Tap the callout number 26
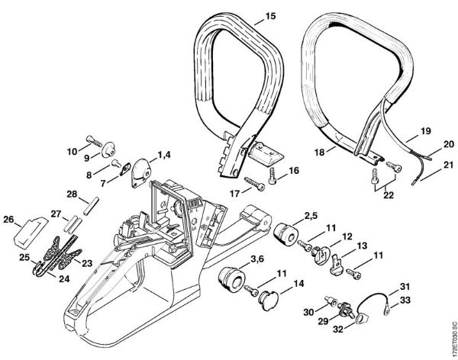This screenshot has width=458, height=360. point(8,221)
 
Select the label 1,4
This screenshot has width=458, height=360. point(163,155)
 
